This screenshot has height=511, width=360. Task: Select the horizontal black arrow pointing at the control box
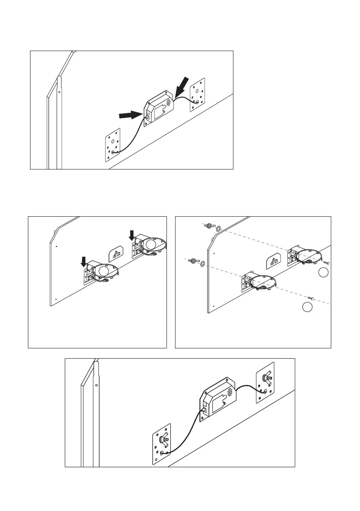click(130, 115)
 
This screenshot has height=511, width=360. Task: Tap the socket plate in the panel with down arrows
click(115, 255)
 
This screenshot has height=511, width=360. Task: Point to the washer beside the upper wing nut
click(218, 229)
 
